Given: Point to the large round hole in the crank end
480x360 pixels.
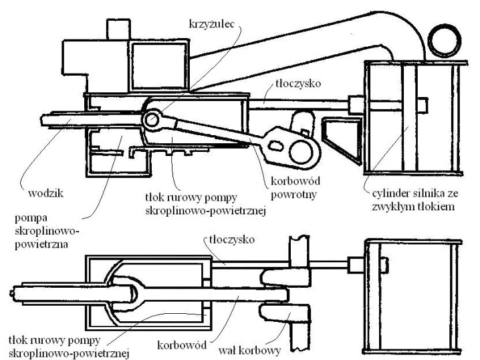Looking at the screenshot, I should [x=295, y=151].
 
